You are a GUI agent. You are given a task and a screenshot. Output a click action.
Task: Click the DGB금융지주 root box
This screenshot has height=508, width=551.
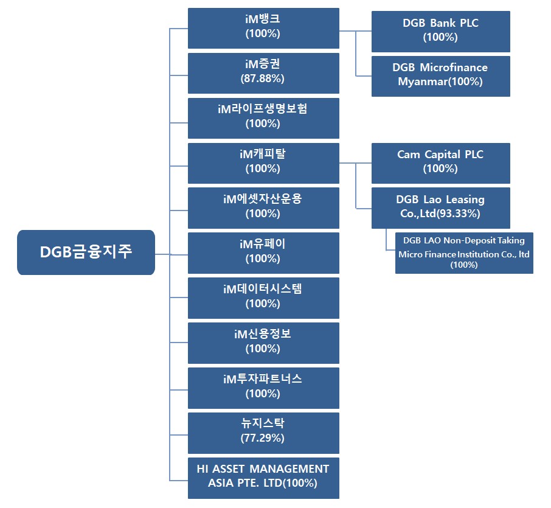coord(86,252)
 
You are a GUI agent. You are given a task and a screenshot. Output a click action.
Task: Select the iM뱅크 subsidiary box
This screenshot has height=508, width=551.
coord(263,28)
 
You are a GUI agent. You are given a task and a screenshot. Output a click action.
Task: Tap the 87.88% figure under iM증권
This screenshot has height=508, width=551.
coord(263,78)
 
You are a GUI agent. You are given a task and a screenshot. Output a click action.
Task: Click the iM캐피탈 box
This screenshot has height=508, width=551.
coord(263,162)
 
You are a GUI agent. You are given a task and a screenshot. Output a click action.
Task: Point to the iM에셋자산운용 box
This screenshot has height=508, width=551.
coord(263,207)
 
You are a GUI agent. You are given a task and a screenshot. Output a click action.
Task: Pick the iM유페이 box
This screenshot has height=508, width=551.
coord(263,252)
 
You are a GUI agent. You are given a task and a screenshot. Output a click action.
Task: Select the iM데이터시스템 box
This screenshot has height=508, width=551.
coord(263,297)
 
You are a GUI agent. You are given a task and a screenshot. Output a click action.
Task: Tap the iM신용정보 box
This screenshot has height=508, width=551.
coord(263,343)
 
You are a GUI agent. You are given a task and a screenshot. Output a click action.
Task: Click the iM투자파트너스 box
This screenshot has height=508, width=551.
coord(263,388)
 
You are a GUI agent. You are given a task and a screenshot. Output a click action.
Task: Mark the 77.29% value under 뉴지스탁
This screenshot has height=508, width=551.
coord(263,438)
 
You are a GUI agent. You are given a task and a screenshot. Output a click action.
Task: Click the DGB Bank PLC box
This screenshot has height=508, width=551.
coord(440,31)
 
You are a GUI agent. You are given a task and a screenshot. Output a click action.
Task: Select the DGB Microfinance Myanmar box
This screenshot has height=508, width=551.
coord(440,75)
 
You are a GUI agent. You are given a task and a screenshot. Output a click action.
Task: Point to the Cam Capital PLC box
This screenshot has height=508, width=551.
coord(440,162)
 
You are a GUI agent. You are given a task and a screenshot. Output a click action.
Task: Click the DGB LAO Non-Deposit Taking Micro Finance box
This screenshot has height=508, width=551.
coord(464,252)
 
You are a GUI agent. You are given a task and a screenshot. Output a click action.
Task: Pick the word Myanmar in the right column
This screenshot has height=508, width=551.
coord(418,82)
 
